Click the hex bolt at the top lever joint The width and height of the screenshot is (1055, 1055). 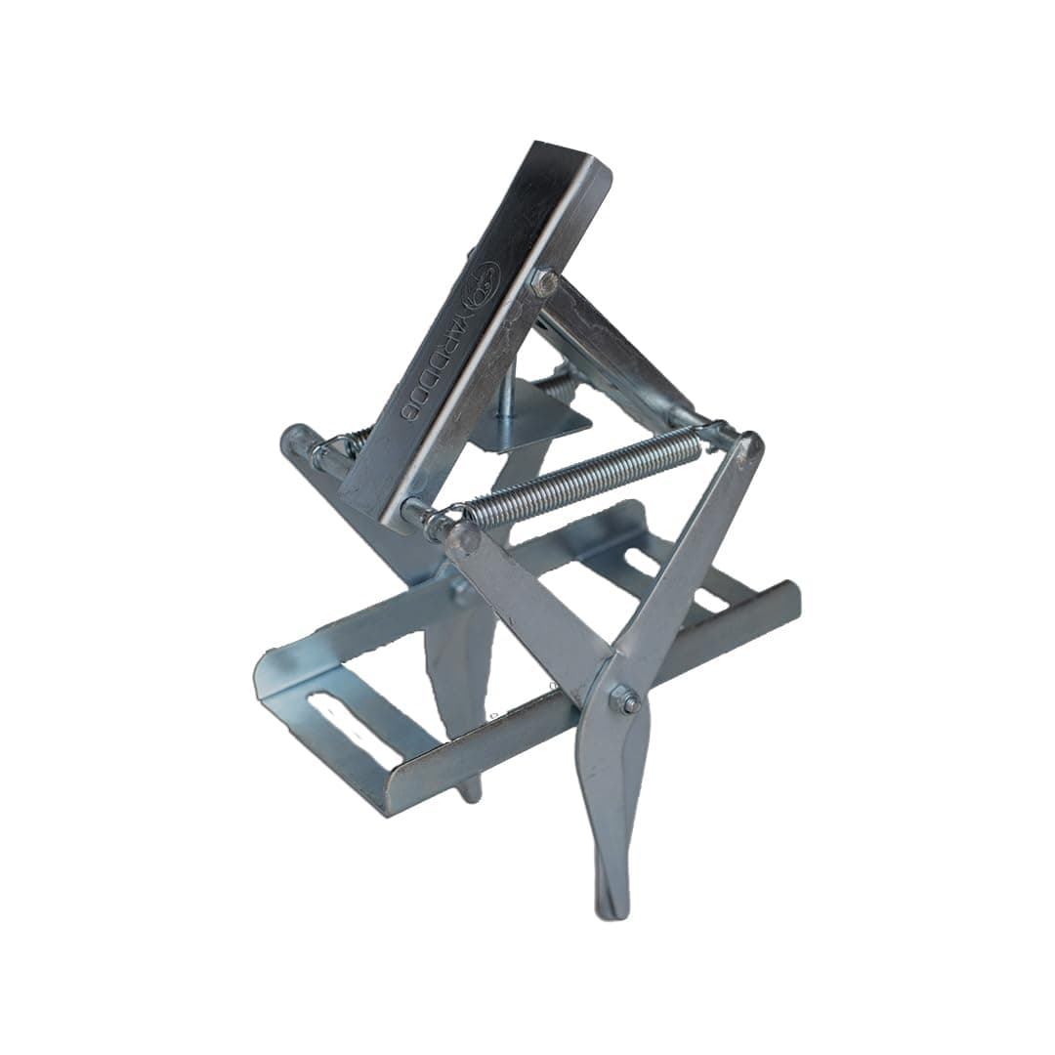point(544,283)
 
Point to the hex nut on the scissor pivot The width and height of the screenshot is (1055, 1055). point(623,699)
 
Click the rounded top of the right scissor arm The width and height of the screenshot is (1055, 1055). point(750,447)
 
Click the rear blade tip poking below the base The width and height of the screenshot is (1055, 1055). point(470,786)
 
